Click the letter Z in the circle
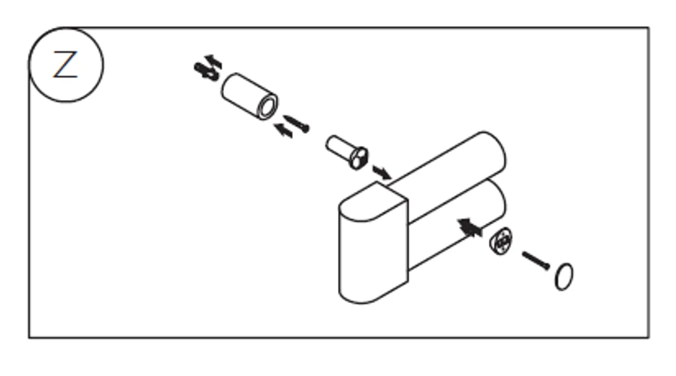coord(65,65)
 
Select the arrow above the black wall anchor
coord(214,62)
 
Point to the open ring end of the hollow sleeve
coord(267,107)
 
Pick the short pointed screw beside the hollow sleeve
coord(297,123)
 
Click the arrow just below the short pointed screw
coord(284,130)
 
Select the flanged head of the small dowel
coord(359,159)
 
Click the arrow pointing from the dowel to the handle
coord(382,172)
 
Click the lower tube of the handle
coord(457,225)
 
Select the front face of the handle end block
coord(373,255)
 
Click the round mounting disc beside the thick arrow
coord(501,241)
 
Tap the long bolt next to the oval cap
coord(536,261)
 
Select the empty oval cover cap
coord(564,277)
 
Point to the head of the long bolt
coord(547,266)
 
